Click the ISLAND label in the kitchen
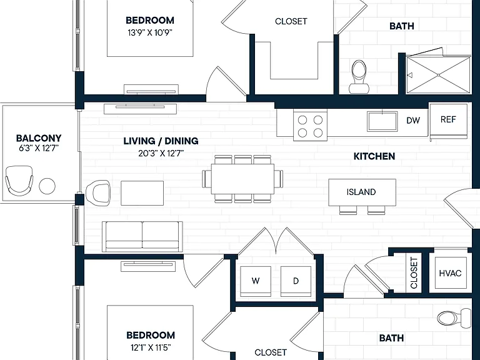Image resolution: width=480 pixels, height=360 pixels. [361, 192]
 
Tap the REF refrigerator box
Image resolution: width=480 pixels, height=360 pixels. [449, 121]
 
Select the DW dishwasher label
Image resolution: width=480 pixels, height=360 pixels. [413, 120]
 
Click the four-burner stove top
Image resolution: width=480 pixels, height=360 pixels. [310, 126]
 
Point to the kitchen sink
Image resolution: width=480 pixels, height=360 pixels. [382, 121]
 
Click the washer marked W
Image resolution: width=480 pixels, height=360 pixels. [256, 281]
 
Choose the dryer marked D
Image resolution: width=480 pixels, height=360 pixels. [296, 281]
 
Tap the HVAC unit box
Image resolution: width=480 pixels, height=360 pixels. [450, 272]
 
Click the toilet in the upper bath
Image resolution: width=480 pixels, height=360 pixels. [359, 77]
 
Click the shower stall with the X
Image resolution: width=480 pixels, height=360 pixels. [438, 75]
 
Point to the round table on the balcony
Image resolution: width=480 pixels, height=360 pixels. [47, 186]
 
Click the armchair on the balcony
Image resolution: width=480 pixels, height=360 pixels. [19, 181]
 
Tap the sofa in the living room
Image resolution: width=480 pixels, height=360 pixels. [142, 237]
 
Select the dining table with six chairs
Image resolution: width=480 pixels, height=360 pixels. [242, 179]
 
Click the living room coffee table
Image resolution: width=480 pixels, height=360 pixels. [142, 193]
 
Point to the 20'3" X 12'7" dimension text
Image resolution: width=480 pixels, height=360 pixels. [161, 153]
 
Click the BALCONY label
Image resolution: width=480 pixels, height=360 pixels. [39, 138]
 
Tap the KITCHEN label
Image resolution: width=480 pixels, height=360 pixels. [374, 156]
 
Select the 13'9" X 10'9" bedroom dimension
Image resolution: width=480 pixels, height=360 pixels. [150, 32]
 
